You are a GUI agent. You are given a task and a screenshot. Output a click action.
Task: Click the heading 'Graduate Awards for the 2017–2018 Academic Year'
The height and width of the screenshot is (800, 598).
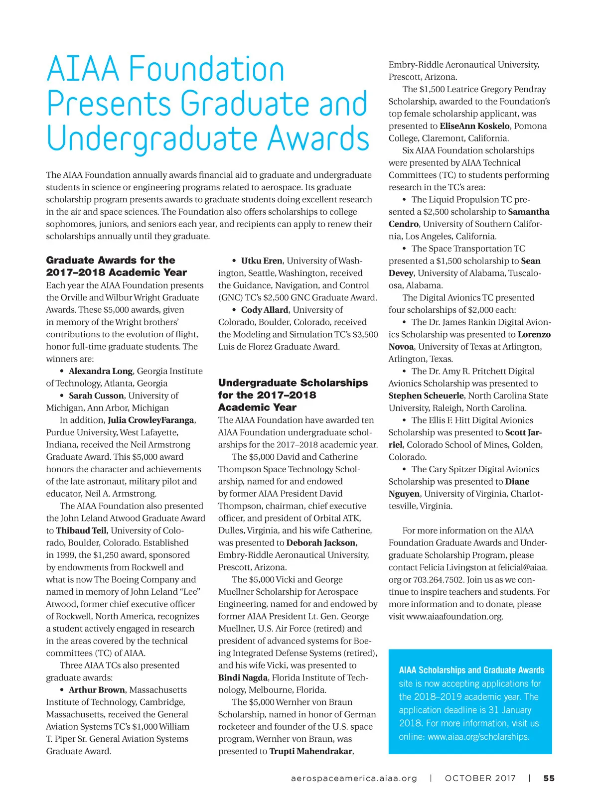(x=116, y=267)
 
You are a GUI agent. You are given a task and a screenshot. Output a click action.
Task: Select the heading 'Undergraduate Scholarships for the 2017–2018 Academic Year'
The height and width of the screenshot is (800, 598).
(x=293, y=395)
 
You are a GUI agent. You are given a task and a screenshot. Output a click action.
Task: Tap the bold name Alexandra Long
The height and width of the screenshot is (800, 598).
(x=101, y=371)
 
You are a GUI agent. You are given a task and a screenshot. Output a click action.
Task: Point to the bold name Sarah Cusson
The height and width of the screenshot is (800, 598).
(x=96, y=396)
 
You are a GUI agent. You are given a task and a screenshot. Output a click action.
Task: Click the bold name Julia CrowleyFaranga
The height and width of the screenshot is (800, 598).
(x=151, y=420)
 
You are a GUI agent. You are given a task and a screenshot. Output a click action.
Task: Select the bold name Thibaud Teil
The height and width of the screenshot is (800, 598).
(x=81, y=531)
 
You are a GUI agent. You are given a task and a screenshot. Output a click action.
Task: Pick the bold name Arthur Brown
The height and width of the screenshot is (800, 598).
(x=97, y=690)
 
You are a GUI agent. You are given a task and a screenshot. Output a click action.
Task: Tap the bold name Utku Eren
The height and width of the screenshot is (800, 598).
(x=262, y=261)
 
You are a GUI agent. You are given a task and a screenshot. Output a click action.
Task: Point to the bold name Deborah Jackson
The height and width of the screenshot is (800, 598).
(x=321, y=543)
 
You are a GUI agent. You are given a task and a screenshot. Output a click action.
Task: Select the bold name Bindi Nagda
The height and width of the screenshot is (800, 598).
(x=242, y=677)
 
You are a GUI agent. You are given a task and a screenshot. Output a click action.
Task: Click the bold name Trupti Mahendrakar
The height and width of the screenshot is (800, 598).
(x=311, y=751)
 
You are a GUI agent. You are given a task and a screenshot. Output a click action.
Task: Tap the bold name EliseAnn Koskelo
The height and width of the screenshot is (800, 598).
(x=474, y=126)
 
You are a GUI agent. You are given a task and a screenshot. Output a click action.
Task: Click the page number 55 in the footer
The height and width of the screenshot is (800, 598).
(x=549, y=778)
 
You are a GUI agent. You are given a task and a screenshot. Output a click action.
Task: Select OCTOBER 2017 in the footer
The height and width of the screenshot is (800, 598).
(x=480, y=778)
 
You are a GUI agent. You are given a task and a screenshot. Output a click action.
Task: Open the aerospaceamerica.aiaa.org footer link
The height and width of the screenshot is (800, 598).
(x=354, y=778)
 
